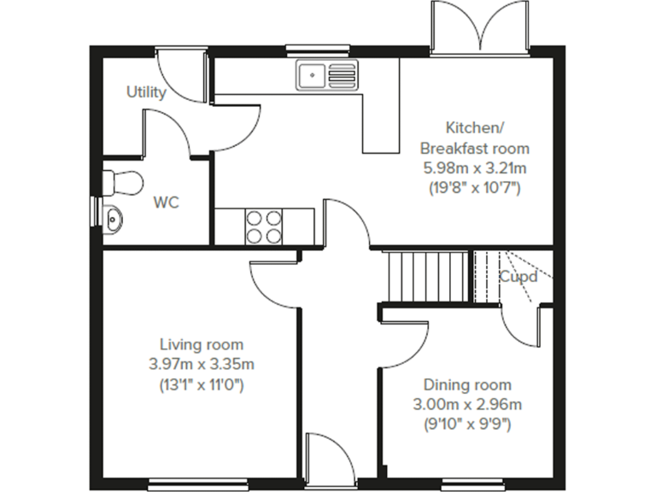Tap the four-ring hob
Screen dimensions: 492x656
(x=265, y=225)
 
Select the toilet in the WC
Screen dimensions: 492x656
(x=120, y=182)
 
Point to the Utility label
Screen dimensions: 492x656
(x=146, y=92)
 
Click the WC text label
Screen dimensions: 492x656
(x=166, y=202)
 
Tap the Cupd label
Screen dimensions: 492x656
(x=518, y=277)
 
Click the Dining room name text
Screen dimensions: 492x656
(x=467, y=384)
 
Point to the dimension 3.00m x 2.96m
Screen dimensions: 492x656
(x=467, y=404)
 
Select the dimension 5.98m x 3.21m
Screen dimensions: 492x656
(x=474, y=167)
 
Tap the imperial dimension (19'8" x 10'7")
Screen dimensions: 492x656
(x=474, y=187)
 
